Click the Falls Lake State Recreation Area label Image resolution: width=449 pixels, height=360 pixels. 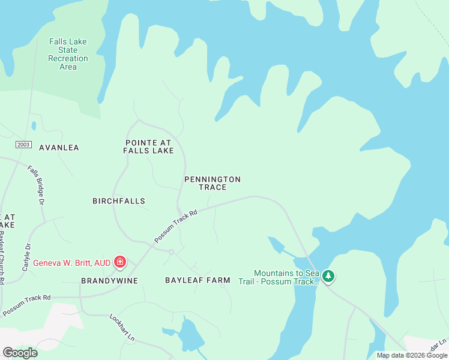68,54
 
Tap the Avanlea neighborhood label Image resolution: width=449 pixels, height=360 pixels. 59,147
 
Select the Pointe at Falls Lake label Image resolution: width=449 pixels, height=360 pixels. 148,146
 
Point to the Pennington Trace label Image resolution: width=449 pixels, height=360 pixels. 212,183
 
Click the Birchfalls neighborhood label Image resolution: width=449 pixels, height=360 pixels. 119,201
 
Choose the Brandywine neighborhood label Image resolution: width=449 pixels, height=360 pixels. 109,281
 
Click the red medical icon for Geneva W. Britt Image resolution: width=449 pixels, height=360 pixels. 120,262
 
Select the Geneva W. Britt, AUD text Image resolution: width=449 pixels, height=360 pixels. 71,263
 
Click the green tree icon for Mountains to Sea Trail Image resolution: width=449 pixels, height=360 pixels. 328,277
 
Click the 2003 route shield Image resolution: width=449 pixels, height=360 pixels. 23,145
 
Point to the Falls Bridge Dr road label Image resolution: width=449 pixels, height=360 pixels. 36,185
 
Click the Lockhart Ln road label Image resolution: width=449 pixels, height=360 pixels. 122,328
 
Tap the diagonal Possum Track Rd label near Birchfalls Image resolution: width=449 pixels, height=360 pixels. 176,226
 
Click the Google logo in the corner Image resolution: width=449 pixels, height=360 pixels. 20,352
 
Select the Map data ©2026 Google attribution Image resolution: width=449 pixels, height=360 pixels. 412,355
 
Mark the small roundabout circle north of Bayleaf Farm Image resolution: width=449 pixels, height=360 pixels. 171,252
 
